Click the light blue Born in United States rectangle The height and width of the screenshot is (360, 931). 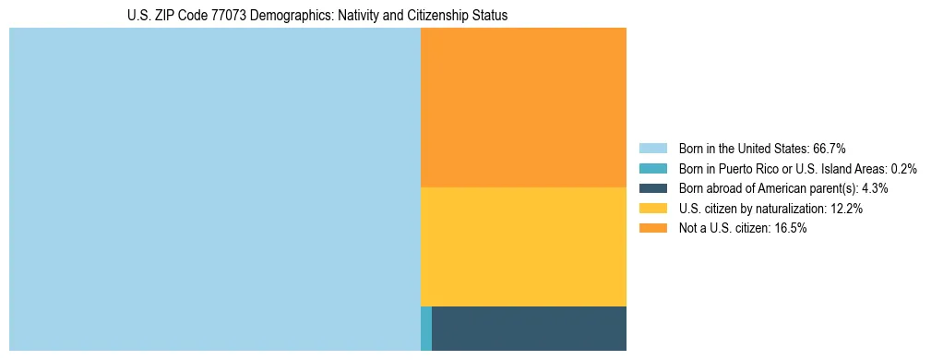(x=214, y=189)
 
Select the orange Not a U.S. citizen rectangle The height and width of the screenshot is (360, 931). (x=523, y=107)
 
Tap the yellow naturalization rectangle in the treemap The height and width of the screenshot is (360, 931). (x=523, y=246)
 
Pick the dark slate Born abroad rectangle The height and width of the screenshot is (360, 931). (x=529, y=329)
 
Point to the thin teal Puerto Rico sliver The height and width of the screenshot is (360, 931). (x=425, y=329)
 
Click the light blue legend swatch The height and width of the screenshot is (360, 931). (x=652, y=148)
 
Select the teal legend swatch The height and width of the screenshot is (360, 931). (x=652, y=168)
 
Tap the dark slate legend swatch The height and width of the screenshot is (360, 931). (x=652, y=188)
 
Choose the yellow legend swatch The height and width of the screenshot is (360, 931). (x=652, y=209)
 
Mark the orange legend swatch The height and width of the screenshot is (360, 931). (x=652, y=229)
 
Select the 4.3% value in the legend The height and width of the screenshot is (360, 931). (x=875, y=188)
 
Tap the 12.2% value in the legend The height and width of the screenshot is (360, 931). (x=846, y=209)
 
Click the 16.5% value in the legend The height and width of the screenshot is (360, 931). (x=791, y=229)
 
